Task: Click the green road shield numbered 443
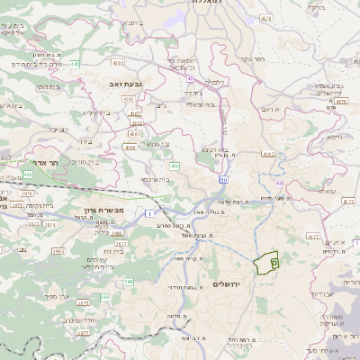(x=76, y=65)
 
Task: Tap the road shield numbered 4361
(x=130, y=146)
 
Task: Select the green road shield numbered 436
(x=175, y=166)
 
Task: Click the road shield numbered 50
(x=222, y=180)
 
